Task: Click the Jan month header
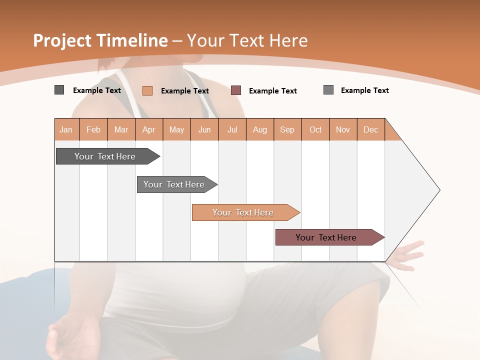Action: tap(66, 129)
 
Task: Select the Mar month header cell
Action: tap(121, 129)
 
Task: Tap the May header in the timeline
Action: tap(176, 129)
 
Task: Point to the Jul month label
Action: tap(232, 129)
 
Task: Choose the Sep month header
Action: tap(287, 129)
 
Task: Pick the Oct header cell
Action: tap(315, 129)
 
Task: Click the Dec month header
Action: tap(370, 129)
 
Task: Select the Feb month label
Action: tap(93, 129)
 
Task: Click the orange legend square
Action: tap(147, 90)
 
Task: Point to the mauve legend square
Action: tap(236, 90)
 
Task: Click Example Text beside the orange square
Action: tap(185, 91)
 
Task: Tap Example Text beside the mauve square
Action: tap(273, 91)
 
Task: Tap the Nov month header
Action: tap(343, 129)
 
